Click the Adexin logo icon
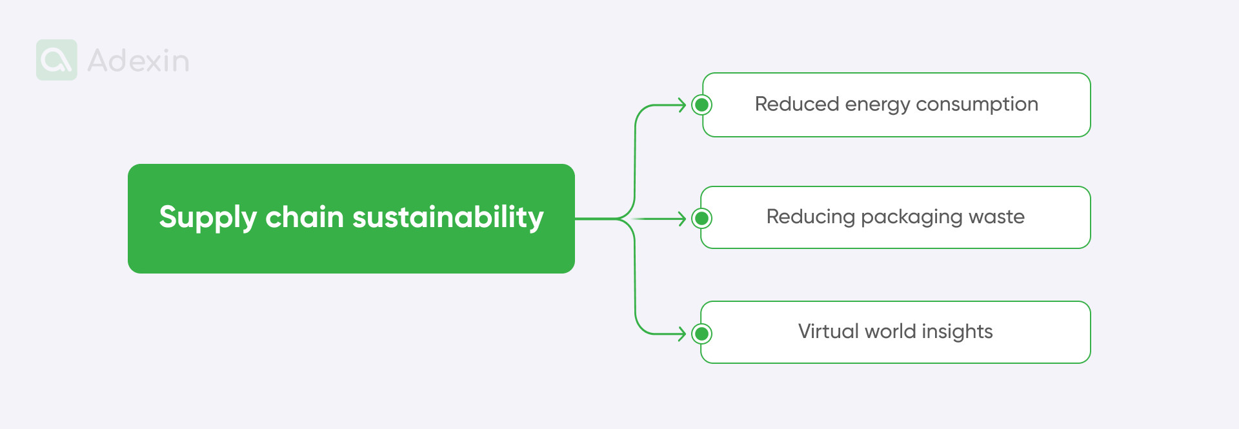pyautogui.click(x=57, y=60)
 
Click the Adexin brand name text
pyautogui.click(x=138, y=61)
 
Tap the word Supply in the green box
pyautogui.click(x=208, y=218)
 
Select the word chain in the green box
pyautogui.click(x=304, y=217)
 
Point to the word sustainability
pyautogui.click(x=448, y=217)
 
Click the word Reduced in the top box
pyautogui.click(x=796, y=104)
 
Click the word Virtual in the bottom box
pyautogui.click(x=828, y=331)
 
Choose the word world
pyautogui.click(x=890, y=331)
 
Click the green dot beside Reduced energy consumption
pyautogui.click(x=701, y=105)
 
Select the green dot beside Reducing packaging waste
pyautogui.click(x=701, y=219)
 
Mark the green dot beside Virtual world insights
pyautogui.click(x=701, y=334)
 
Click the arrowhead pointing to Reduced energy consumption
pyautogui.click(x=682, y=105)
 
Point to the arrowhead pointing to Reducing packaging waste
pyautogui.click(x=682, y=219)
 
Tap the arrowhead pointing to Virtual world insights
pyautogui.click(x=682, y=334)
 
